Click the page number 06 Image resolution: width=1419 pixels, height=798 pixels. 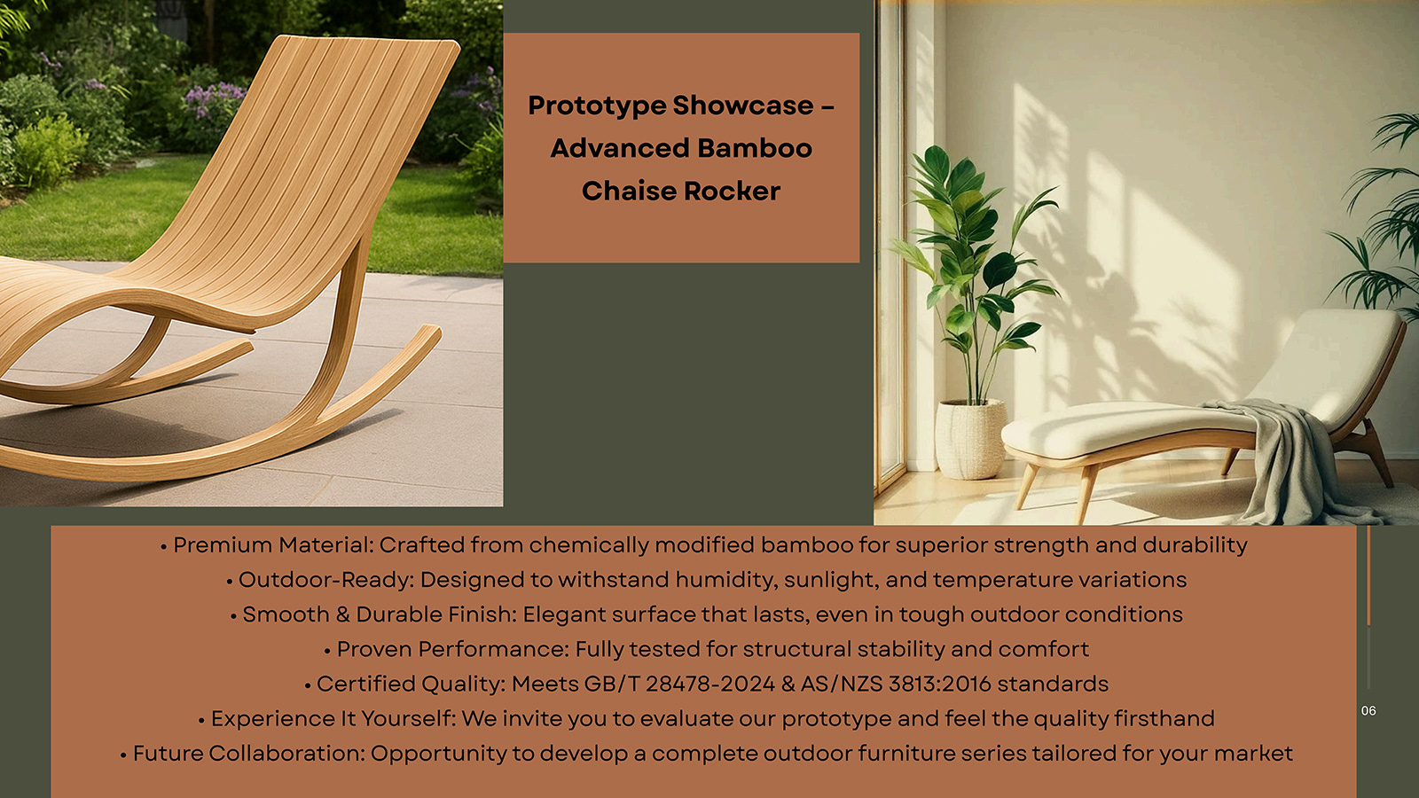click(1368, 710)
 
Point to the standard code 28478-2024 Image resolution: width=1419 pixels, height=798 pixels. click(710, 684)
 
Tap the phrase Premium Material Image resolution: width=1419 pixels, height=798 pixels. click(273, 545)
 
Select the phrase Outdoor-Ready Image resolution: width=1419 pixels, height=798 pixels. click(325, 580)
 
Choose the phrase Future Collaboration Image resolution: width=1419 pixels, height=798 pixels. click(249, 754)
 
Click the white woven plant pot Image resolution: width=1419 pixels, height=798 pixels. click(970, 438)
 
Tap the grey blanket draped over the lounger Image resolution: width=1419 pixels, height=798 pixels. click(1292, 456)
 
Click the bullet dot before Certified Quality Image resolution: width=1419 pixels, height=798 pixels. click(308, 685)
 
